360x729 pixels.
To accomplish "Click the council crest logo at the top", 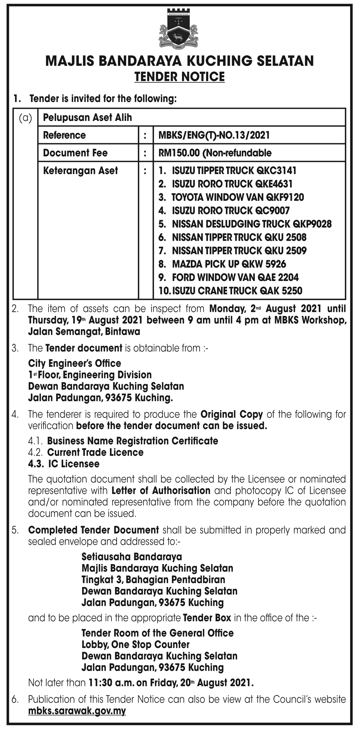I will pos(179,30).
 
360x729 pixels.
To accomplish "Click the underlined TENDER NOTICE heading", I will pos(180,76).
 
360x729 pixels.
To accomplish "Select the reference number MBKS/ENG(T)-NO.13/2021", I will pos(214,135).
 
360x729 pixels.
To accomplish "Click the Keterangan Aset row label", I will pos(80,170).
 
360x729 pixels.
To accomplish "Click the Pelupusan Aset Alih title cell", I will pos(88,118).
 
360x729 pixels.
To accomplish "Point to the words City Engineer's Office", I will pos(75,363).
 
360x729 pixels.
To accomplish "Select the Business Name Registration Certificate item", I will pos(133,441).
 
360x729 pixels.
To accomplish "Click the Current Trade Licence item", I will pos(95,452).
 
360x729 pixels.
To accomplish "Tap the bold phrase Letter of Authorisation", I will pos(161,491).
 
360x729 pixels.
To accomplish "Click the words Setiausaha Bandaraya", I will pos(132,556).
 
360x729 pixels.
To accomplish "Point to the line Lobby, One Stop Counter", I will pos(135,644).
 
